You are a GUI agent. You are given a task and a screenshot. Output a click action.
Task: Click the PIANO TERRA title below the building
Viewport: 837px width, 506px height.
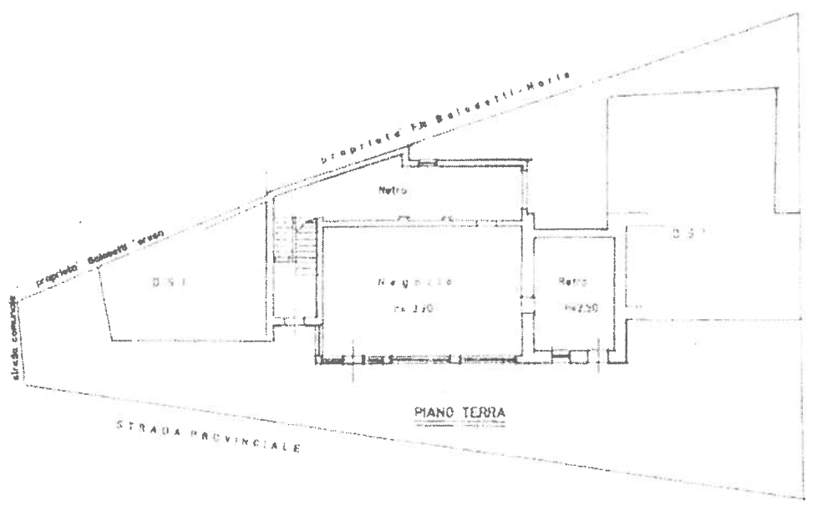tap(461, 411)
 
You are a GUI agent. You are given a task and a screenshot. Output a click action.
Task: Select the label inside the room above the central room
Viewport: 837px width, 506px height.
tap(395, 192)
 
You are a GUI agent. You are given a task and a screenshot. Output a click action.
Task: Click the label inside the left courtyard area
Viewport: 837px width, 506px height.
tap(166, 281)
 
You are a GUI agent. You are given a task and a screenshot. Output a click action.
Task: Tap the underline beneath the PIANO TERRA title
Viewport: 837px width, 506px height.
tap(461, 423)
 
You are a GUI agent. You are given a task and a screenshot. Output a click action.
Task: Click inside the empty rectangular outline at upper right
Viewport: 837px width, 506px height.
tap(693, 150)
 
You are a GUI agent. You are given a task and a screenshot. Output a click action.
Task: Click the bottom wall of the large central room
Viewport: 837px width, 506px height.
tap(418, 358)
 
